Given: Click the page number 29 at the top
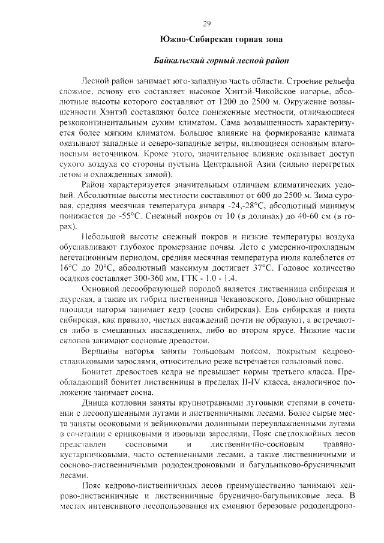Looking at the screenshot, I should coord(207,24).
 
